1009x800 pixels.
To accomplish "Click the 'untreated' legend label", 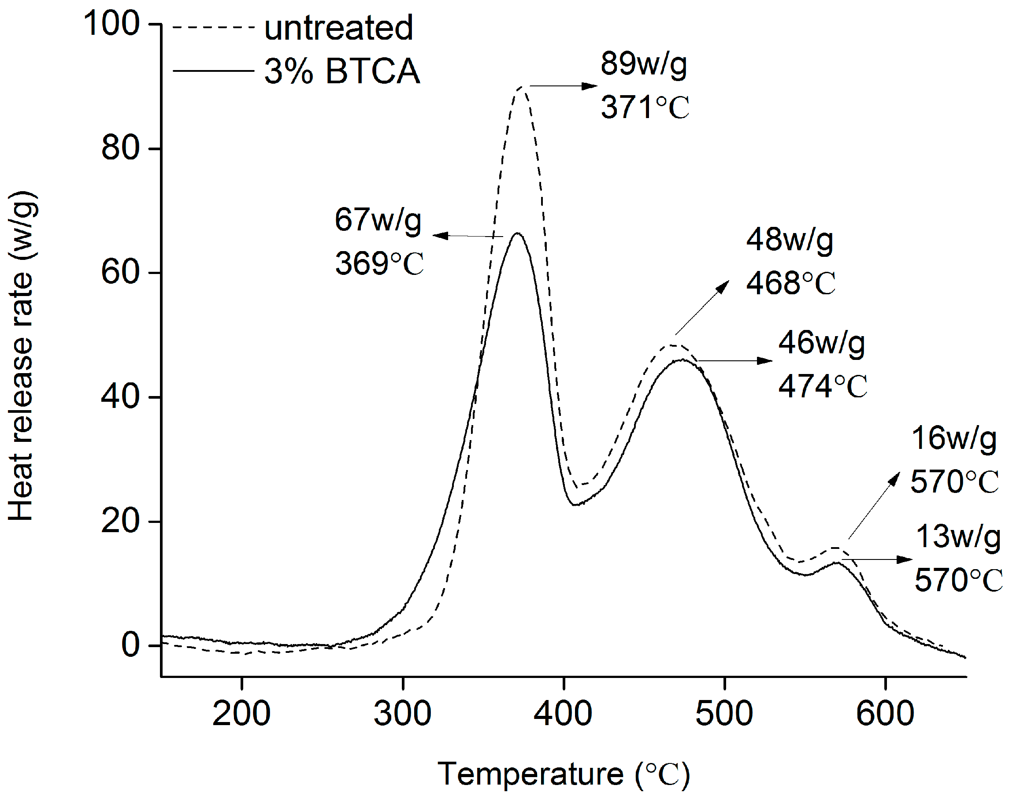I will click(x=338, y=28).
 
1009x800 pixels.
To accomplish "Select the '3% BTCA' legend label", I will click(x=341, y=71).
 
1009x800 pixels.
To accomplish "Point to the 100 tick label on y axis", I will click(x=111, y=23).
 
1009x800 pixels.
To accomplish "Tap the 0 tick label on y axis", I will click(x=130, y=644).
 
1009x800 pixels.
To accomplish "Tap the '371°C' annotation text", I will click(x=645, y=107).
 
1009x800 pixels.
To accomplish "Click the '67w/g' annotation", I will click(x=378, y=220).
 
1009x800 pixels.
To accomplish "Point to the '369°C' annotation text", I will click(x=379, y=263).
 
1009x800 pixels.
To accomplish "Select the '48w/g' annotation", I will click(x=790, y=240).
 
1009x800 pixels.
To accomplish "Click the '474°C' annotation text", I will click(x=822, y=386).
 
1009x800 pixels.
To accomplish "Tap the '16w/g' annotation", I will click(x=954, y=439).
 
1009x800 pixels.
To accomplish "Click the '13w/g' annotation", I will click(x=957, y=536).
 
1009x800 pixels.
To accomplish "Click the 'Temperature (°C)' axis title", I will click(x=564, y=774).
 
